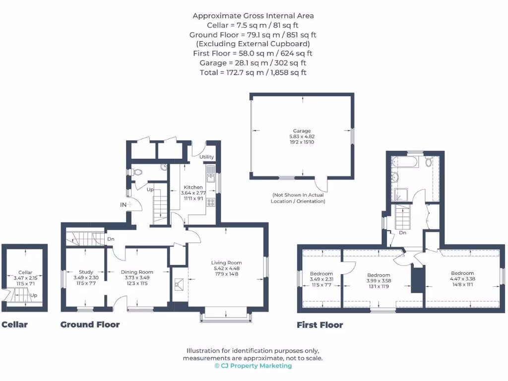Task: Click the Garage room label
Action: [302, 131]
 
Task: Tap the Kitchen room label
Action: [192, 187]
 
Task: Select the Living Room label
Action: [226, 262]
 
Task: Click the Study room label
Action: [86, 272]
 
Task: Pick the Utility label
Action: [206, 157]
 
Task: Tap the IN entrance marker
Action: [123, 204]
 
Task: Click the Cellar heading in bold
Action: [14, 325]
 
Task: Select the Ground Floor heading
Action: [90, 325]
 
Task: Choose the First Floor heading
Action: [319, 325]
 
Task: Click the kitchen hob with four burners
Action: [210, 202]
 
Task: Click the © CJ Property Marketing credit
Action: [253, 366]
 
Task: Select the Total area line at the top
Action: [253, 72]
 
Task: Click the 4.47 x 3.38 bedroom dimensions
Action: [462, 279]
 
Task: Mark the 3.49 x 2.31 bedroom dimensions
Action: [321, 279]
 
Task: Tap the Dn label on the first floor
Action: [403, 232]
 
